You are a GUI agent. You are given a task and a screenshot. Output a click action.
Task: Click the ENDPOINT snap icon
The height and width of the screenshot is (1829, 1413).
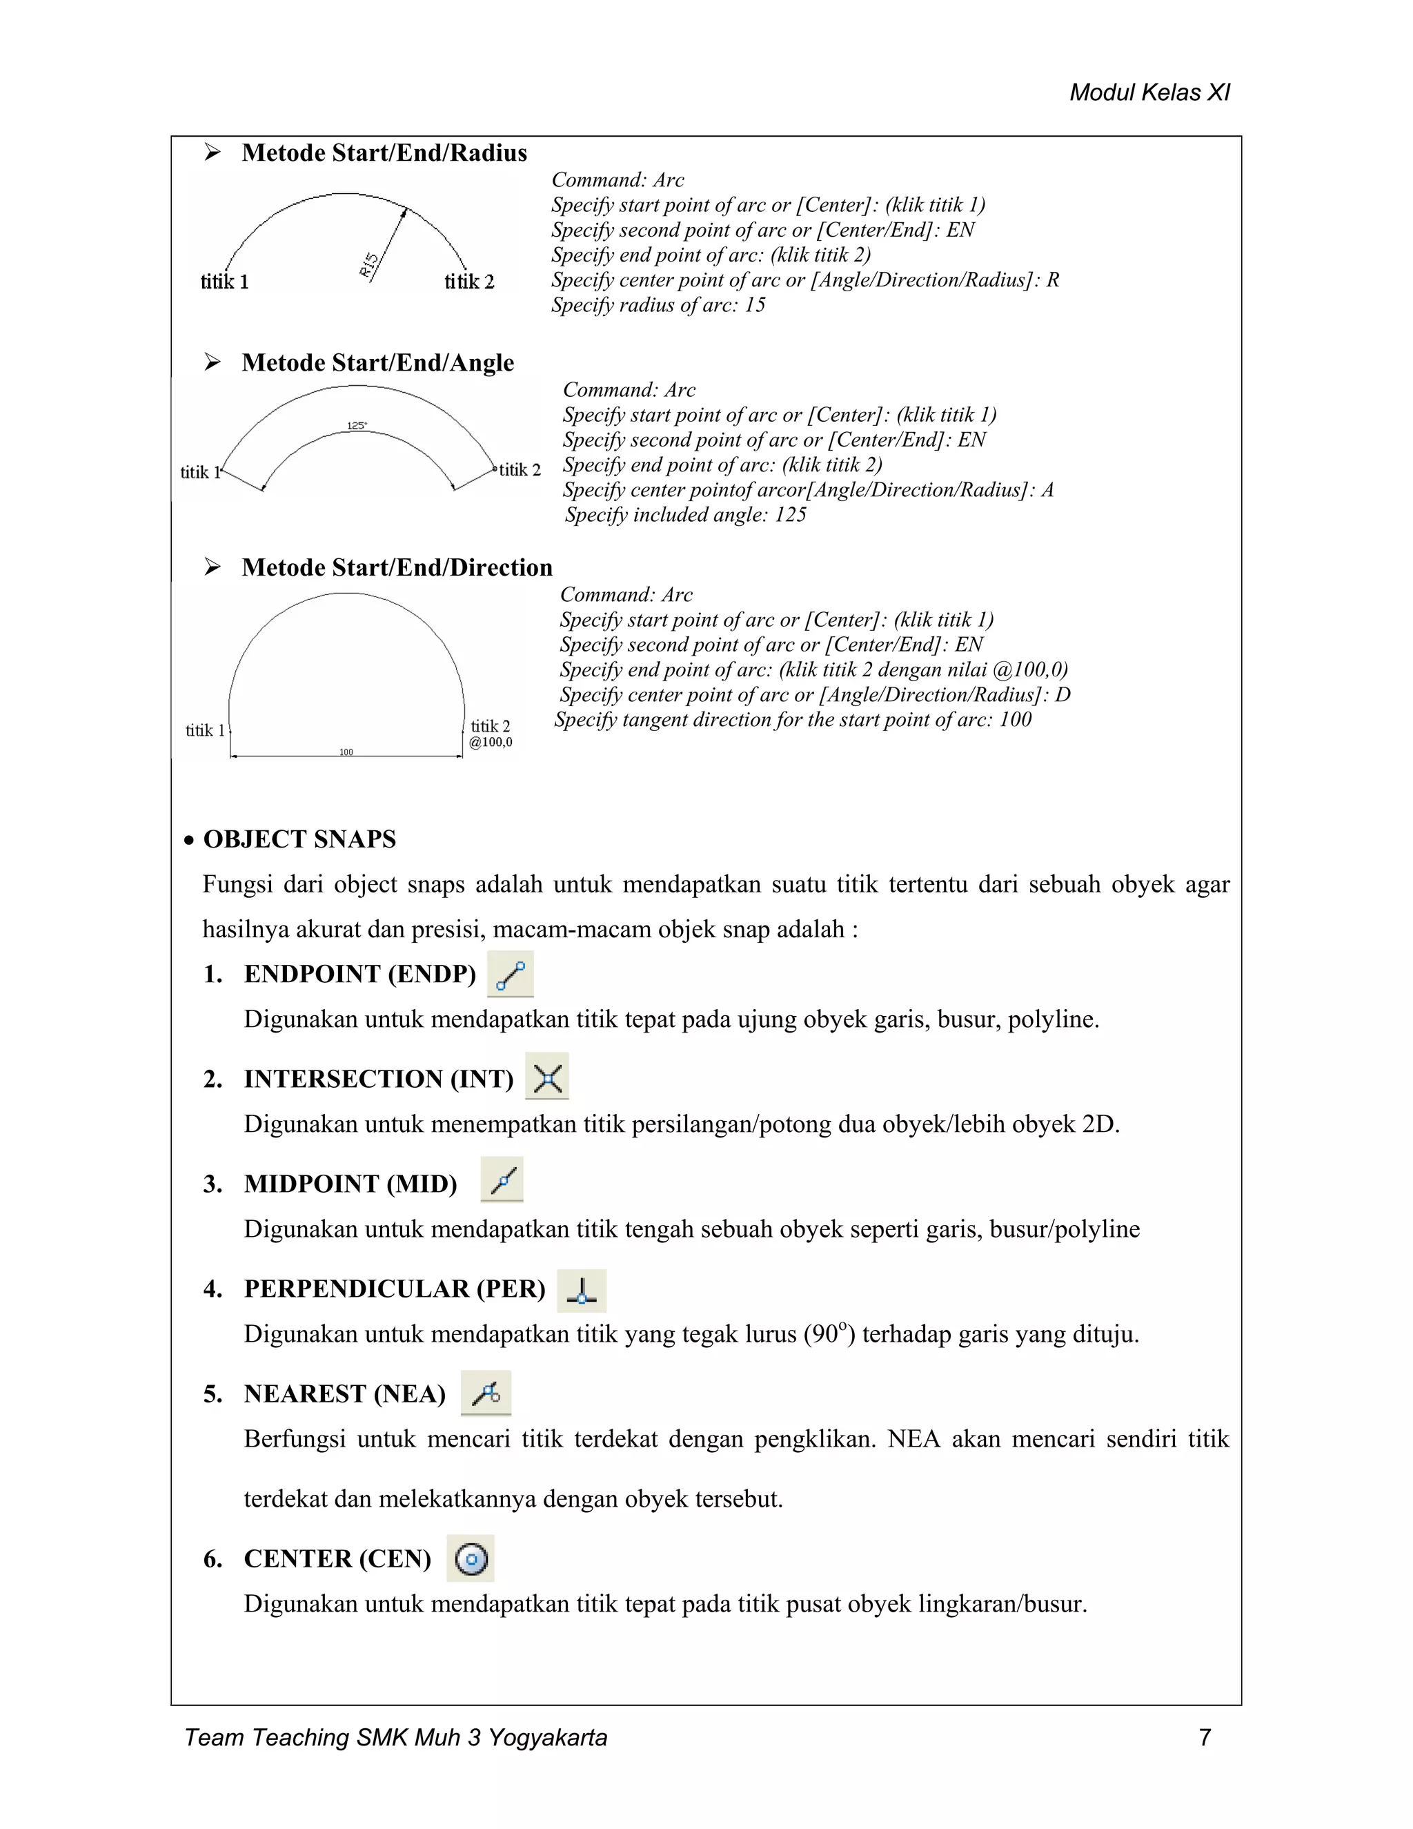510,975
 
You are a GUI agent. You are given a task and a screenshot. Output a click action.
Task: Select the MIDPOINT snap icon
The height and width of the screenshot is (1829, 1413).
502,1181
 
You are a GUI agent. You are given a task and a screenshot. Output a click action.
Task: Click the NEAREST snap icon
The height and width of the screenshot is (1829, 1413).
486,1393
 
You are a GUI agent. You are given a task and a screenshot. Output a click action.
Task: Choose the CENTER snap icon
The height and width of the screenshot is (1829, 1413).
471,1558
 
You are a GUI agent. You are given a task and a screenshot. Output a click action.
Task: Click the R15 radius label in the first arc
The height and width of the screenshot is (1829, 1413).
368,264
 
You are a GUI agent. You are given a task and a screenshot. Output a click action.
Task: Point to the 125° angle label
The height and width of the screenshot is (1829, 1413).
357,425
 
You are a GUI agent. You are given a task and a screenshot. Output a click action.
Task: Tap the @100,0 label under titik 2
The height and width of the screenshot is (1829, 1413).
491,742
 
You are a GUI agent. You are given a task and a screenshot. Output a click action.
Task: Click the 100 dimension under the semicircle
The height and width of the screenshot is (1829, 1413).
346,752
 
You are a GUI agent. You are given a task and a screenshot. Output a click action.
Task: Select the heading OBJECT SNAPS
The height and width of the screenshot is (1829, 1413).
299,839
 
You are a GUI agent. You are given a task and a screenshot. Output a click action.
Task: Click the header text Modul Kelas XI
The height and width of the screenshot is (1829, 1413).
1149,92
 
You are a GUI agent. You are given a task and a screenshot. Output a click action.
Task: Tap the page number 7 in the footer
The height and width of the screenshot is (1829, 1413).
1205,1738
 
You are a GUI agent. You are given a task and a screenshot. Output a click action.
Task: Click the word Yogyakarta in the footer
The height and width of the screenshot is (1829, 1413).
547,1738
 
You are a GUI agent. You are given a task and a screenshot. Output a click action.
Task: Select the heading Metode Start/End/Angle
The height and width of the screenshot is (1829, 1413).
377,362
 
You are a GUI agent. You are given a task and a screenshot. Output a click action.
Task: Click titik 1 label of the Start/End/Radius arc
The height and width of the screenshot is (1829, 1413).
224,282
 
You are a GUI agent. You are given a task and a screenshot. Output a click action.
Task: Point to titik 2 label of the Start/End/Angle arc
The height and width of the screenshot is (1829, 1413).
520,470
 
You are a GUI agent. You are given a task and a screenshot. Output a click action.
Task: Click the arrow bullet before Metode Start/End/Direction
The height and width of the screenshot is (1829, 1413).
213,567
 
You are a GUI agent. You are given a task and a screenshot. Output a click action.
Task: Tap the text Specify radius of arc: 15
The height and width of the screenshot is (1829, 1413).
658,305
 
